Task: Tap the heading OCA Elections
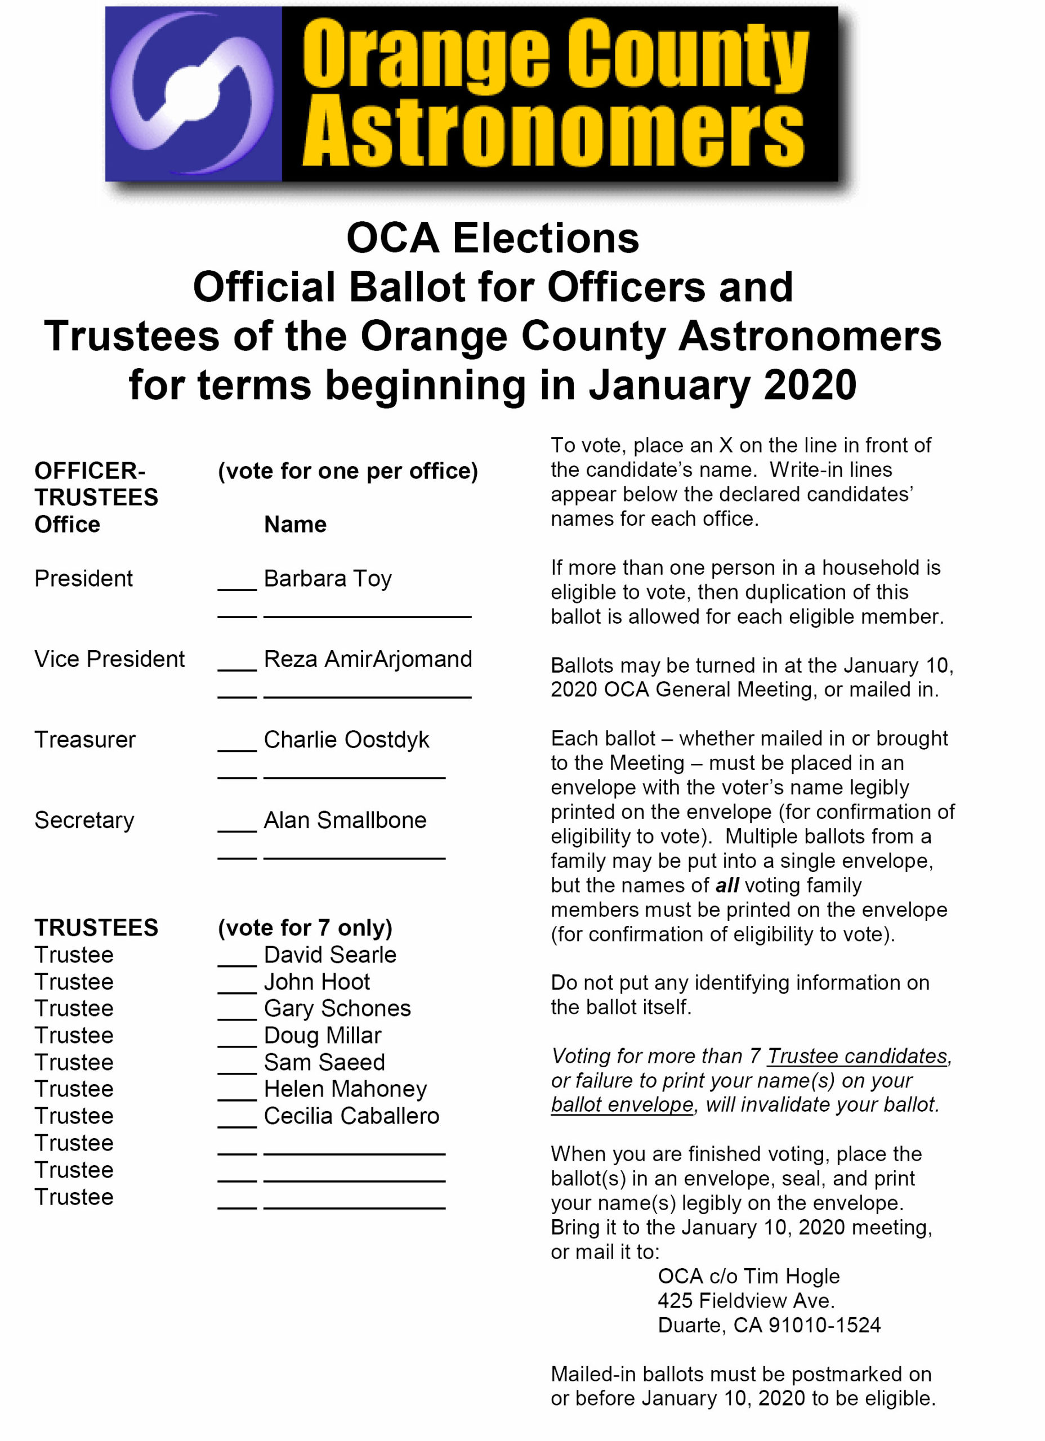pyautogui.click(x=493, y=238)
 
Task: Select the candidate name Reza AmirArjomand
pyautogui.click(x=368, y=659)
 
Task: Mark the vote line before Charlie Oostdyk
pyautogui.click(x=236, y=746)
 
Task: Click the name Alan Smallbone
pyautogui.click(x=345, y=820)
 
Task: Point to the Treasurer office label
pyautogui.click(x=84, y=740)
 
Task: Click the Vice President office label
pyautogui.click(x=109, y=659)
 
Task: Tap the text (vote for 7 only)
pyautogui.click(x=305, y=928)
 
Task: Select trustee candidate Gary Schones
pyautogui.click(x=337, y=1008)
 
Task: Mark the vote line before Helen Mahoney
pyautogui.click(x=236, y=1096)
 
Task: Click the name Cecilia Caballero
pyautogui.click(x=351, y=1116)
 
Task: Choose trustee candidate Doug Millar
pyautogui.click(x=322, y=1035)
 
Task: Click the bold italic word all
pyautogui.click(x=726, y=885)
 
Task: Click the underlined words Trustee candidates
pyautogui.click(x=858, y=1055)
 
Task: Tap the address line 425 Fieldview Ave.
pyautogui.click(x=745, y=1301)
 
